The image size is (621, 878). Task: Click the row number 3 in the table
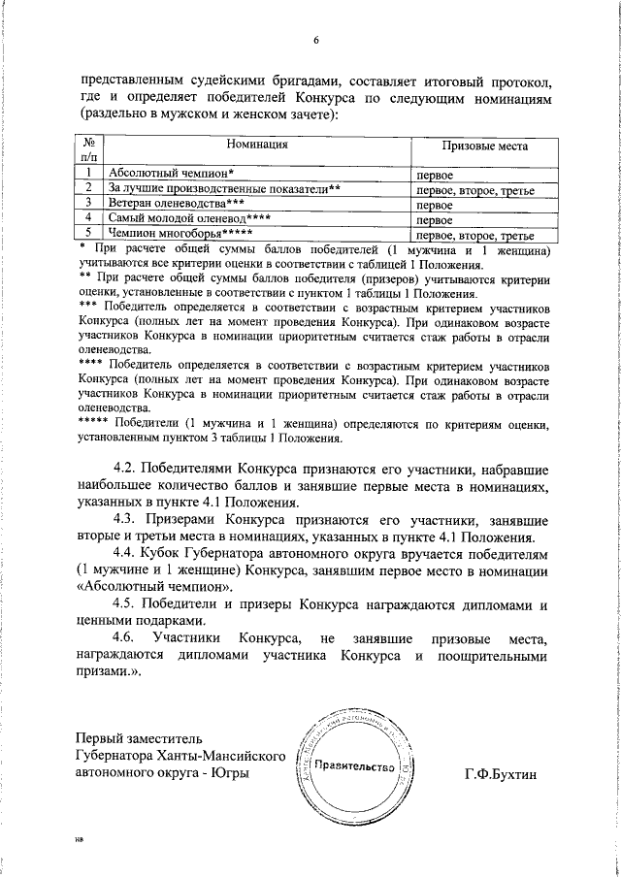[x=87, y=203]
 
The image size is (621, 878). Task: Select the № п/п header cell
[x=87, y=149]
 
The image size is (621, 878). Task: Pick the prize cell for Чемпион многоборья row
[x=475, y=234]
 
